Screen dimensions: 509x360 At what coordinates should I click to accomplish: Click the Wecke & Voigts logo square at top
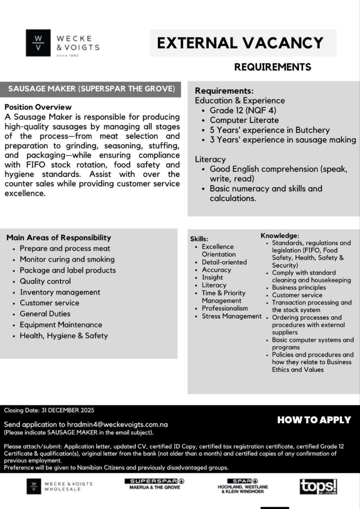38,43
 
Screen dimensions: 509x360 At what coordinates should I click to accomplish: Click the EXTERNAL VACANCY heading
240,43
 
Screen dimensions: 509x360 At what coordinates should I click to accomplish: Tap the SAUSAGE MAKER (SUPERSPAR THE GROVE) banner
91,89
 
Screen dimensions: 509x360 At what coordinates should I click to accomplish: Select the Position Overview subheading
38,107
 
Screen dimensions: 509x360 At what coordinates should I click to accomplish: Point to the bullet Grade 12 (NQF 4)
243,111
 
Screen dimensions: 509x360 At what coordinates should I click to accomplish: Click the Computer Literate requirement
244,120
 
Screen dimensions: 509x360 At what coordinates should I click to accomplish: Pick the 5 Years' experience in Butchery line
270,130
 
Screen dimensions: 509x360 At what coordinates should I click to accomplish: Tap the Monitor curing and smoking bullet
67,259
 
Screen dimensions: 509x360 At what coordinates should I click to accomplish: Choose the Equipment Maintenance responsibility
61,324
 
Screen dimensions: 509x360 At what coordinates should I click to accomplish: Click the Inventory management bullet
60,292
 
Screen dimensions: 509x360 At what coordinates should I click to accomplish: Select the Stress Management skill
232,316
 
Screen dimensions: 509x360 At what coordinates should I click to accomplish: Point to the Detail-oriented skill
224,262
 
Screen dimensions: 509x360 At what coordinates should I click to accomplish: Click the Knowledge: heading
280,236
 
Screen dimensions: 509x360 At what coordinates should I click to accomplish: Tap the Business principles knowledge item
299,288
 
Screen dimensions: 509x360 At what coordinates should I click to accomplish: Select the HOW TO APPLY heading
314,420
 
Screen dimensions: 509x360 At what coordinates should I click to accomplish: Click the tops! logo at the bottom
318,486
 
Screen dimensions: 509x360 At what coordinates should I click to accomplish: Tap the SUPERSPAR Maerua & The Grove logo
154,484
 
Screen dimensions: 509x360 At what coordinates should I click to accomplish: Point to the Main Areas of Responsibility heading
58,238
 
